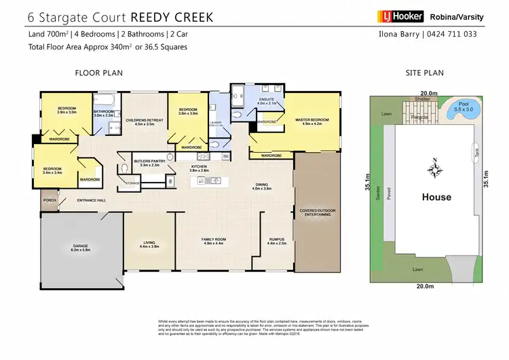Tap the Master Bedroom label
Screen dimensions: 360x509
coord(312,122)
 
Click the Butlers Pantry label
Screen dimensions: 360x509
coord(147,163)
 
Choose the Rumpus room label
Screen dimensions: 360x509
coord(277,240)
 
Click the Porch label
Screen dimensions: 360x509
coord(50,200)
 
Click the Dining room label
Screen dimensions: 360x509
coord(262,186)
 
